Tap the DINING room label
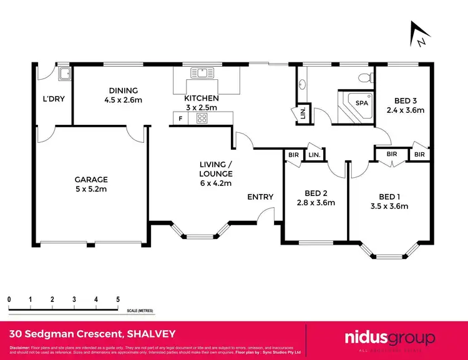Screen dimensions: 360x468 coord(122,90)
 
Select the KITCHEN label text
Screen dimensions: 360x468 coord(201,99)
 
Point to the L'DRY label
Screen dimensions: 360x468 coord(54,99)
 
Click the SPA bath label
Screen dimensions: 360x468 coord(361,102)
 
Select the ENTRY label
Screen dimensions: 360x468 coord(260,197)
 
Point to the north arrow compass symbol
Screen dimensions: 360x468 coord(417,34)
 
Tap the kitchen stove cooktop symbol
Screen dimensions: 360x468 coord(202,118)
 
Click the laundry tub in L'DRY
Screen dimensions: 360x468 coord(64,75)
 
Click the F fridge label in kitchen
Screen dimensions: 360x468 coord(181,118)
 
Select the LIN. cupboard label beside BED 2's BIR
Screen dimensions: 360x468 coord(314,155)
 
